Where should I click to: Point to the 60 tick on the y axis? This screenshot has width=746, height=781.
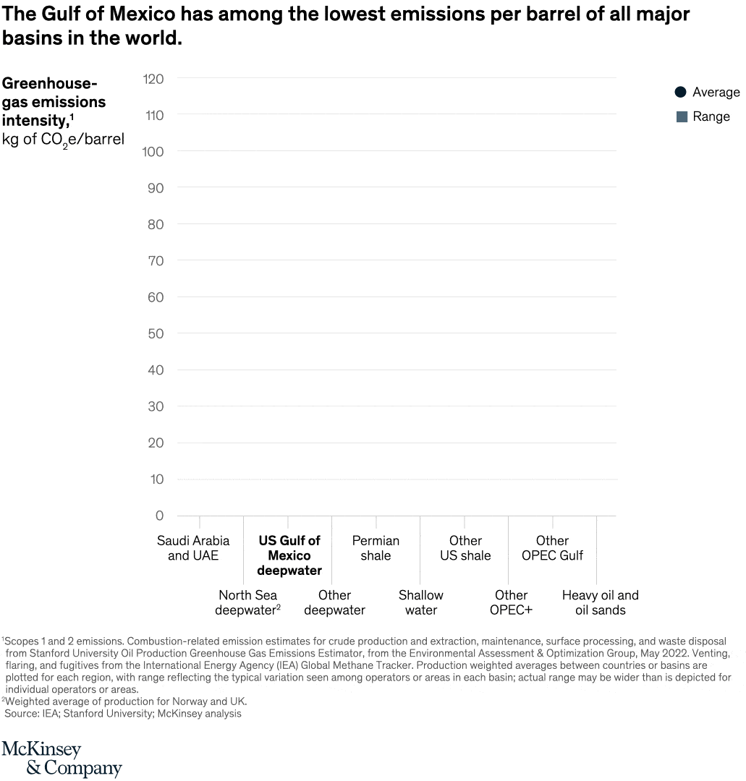[x=156, y=297]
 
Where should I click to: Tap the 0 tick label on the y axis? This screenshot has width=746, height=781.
[x=159, y=516]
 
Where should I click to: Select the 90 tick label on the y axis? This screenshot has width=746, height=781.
[x=156, y=188]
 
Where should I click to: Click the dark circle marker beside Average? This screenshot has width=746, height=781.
[x=680, y=92]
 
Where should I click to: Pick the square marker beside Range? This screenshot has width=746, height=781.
[x=682, y=116]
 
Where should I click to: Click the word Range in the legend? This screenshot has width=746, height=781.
[x=711, y=116]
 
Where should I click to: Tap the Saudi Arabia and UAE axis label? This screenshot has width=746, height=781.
[x=193, y=548]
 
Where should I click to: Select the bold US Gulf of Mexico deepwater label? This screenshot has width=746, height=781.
[x=289, y=555]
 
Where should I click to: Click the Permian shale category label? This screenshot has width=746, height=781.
[x=376, y=548]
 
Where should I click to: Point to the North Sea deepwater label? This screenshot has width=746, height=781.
[x=248, y=602]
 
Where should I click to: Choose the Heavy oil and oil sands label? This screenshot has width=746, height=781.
[x=601, y=602]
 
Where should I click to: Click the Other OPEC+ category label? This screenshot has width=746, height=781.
[x=511, y=602]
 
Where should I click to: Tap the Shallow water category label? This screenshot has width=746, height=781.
[x=421, y=602]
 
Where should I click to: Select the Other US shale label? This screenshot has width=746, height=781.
[x=465, y=548]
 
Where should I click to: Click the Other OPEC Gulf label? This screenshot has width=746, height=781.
[x=552, y=548]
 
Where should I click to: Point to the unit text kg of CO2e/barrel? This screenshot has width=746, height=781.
[x=63, y=140]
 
